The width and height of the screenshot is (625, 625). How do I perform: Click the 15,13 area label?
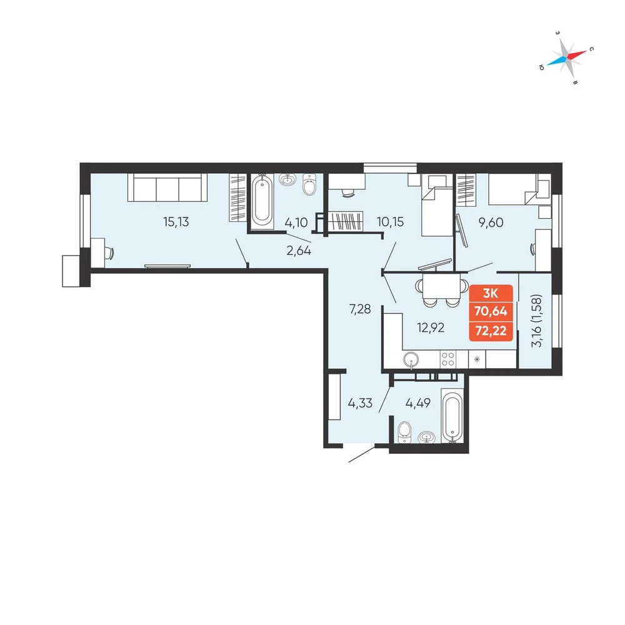176,222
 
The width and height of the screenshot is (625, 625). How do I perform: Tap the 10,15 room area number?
390,222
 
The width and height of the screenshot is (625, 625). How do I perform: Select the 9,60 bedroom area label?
491,222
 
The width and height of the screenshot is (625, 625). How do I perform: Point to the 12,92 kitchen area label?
431,327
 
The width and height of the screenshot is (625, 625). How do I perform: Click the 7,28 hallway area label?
360,309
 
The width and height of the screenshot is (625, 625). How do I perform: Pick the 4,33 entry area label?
360,403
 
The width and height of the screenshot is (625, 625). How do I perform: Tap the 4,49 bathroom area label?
417,403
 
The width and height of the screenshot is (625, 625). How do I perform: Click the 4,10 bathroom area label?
296,222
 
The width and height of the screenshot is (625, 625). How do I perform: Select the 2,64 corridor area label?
299,251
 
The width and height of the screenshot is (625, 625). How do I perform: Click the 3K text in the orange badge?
490,294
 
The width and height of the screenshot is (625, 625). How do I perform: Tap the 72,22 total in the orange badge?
491,331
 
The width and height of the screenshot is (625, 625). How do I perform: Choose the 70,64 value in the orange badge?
491,311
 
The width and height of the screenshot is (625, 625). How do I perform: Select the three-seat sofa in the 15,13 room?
167,187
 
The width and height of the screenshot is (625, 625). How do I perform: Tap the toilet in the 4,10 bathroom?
309,184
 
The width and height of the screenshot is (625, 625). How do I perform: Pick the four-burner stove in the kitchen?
448,359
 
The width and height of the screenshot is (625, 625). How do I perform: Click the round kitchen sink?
411,359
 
